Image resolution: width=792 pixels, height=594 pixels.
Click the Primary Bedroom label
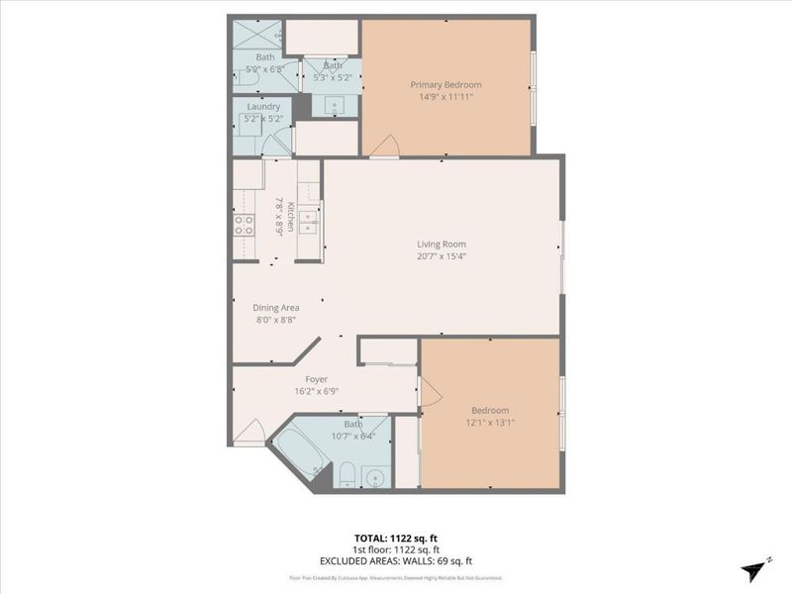445,85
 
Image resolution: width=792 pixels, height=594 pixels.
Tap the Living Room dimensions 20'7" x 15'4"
442,256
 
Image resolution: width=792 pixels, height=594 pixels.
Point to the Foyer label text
316,378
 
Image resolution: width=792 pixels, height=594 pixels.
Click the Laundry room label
263,107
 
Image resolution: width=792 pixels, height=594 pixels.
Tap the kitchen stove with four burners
245,225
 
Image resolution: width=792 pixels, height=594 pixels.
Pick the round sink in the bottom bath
373,479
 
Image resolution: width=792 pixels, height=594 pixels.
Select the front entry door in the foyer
249,432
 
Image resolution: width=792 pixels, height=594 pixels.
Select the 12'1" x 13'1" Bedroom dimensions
490,423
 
